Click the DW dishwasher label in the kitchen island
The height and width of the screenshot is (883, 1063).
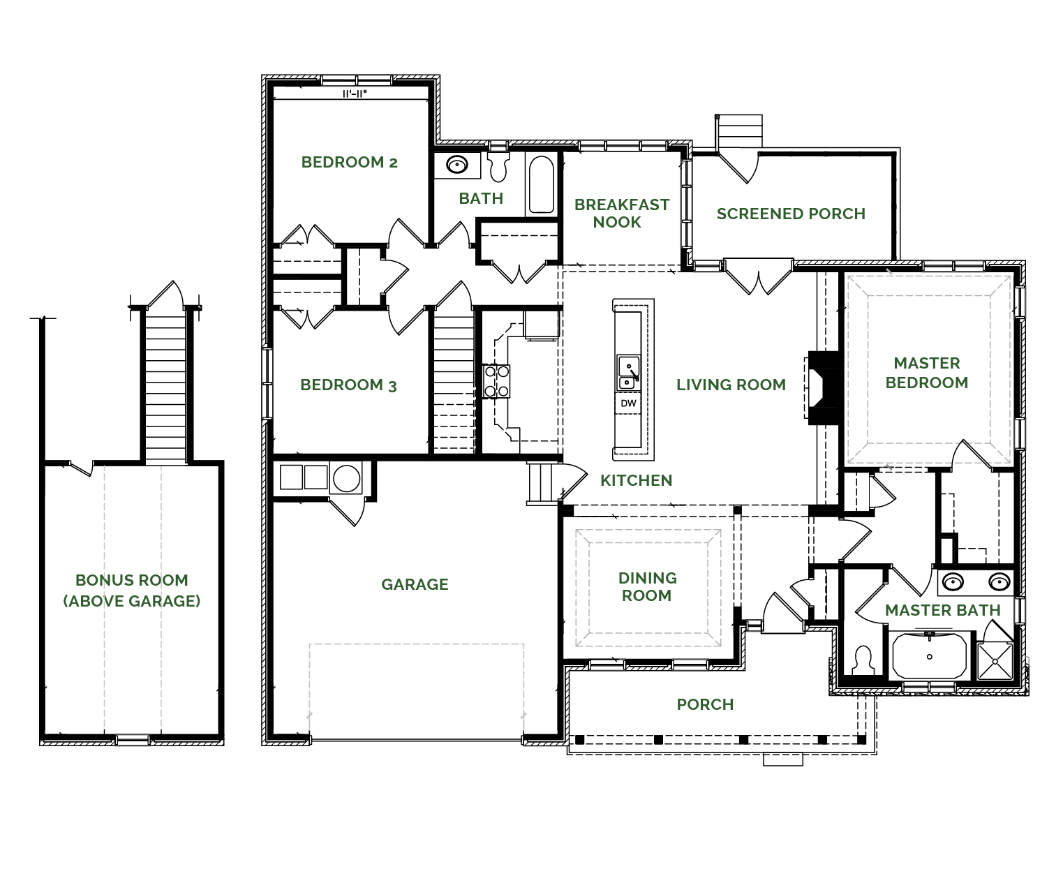(x=629, y=403)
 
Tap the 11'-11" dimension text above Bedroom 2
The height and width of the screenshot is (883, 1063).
(x=355, y=94)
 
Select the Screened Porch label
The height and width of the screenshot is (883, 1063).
(x=791, y=214)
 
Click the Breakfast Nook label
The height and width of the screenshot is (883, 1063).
(x=622, y=214)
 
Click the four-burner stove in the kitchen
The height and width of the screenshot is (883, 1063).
(x=496, y=381)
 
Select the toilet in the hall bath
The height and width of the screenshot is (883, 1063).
(x=498, y=167)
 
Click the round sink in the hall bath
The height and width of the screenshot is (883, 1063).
(x=457, y=165)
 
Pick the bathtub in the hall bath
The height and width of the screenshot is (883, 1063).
(x=542, y=184)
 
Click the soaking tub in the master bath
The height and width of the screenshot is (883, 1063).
(x=930, y=656)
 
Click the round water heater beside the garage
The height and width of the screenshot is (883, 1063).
(x=346, y=478)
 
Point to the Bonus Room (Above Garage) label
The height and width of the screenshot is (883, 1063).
(x=132, y=591)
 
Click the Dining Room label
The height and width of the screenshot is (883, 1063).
(x=647, y=586)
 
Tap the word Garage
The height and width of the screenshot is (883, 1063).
(x=415, y=584)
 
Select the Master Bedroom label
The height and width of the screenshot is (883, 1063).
(x=927, y=373)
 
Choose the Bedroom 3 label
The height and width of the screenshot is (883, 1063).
(x=348, y=385)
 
